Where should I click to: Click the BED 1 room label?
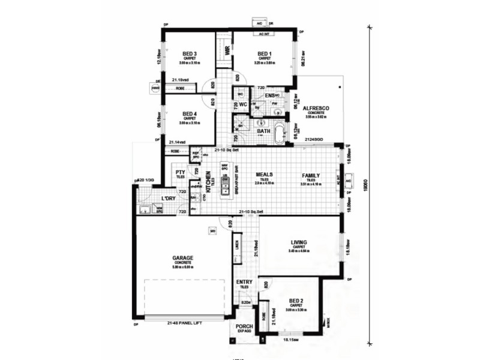pyautogui.click(x=264, y=53)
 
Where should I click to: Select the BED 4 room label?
pyautogui.click(x=190, y=113)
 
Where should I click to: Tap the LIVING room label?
pyautogui.click(x=298, y=242)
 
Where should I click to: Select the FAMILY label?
pyautogui.click(x=311, y=176)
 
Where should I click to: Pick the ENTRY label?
pyautogui.click(x=245, y=282)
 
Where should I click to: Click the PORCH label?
pyautogui.click(x=245, y=327)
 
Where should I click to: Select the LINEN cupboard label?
pyautogui.click(x=238, y=245)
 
